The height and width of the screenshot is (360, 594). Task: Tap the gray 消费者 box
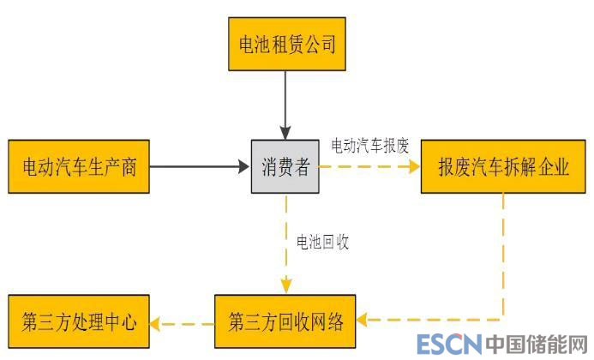tap(285, 166)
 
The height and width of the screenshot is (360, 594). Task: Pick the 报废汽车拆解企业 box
tap(503, 166)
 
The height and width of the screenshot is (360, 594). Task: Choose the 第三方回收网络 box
tap(285, 322)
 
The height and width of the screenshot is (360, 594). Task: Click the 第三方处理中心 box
tap(78, 322)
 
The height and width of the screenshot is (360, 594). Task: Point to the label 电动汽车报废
tap(370, 145)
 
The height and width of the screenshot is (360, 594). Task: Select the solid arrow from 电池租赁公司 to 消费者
tap(286, 103)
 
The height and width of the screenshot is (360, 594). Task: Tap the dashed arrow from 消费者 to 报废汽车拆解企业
tap(369, 166)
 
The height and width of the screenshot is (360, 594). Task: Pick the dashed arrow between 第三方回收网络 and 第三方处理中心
tap(182, 323)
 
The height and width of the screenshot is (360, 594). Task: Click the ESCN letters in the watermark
tap(448, 345)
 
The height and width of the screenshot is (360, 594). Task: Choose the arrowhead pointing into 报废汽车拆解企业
tap(413, 166)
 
